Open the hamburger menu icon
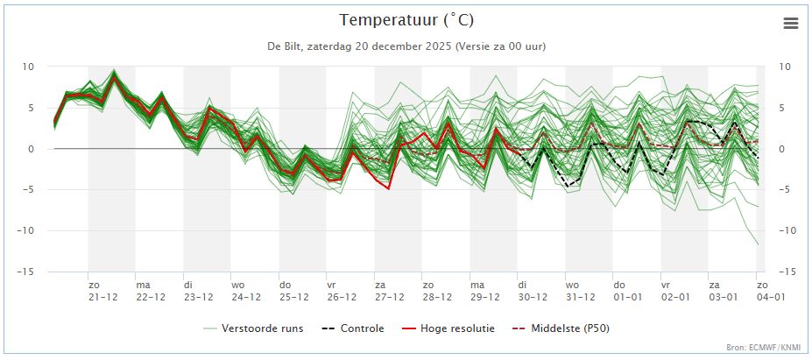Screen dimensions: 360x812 [x=791, y=24]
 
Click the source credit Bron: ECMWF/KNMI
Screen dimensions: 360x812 [x=763, y=348]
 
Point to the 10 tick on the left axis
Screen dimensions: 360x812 [x=29, y=67]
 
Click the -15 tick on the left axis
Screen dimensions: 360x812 [x=27, y=272]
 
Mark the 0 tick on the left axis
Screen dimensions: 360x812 [x=32, y=149]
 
